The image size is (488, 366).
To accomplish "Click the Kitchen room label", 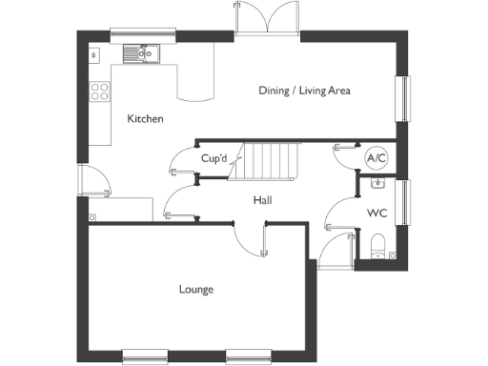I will pyautogui.click(x=147, y=119).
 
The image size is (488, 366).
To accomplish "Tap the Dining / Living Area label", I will pyautogui.click(x=306, y=91).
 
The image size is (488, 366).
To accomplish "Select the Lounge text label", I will pyautogui.click(x=195, y=289).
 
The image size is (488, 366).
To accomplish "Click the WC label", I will pyautogui.click(x=376, y=213).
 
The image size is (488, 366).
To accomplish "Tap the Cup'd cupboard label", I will pyautogui.click(x=213, y=159).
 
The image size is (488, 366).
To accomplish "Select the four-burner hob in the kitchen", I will pyautogui.click(x=98, y=92).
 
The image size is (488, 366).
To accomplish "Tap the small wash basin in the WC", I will pyautogui.click(x=378, y=180).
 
